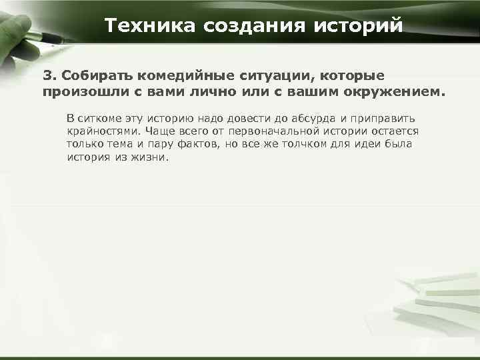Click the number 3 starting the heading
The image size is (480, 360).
(47, 75)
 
